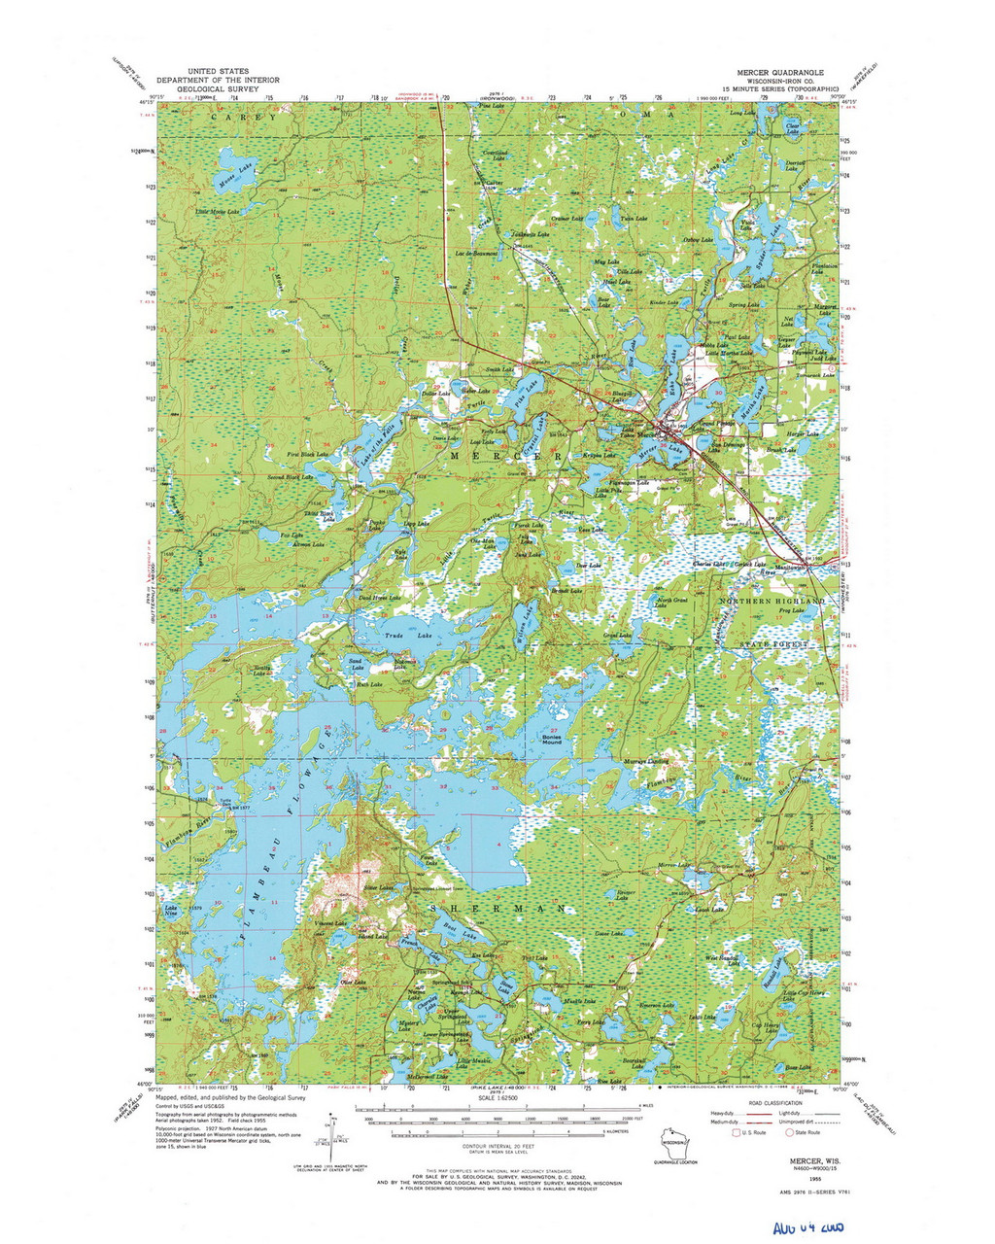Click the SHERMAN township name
tap(498, 907)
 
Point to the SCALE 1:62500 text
tap(497, 1099)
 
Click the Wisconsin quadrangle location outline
tap(674, 1143)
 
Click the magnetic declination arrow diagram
tap(332, 1132)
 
